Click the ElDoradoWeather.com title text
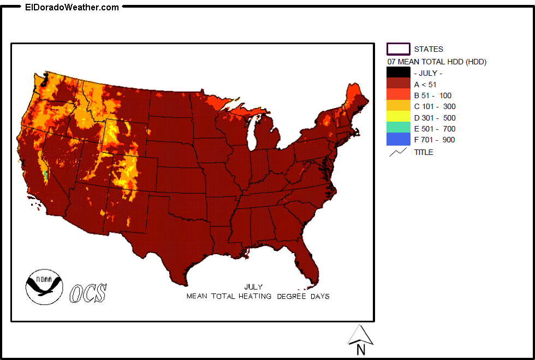click(x=72, y=7)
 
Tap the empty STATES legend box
click(x=399, y=49)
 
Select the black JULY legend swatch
click(x=399, y=73)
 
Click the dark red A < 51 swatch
click(x=399, y=84)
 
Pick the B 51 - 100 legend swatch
click(x=399, y=95)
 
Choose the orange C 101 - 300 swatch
click(x=399, y=106)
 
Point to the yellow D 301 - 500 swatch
click(x=399, y=117)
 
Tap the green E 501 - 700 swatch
click(x=399, y=129)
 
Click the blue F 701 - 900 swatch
click(x=399, y=140)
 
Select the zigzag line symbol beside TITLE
click(x=399, y=152)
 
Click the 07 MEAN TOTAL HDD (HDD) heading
click(x=437, y=62)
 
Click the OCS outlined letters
click(x=88, y=293)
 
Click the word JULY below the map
click(x=253, y=286)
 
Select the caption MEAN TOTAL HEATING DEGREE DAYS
click(x=258, y=296)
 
